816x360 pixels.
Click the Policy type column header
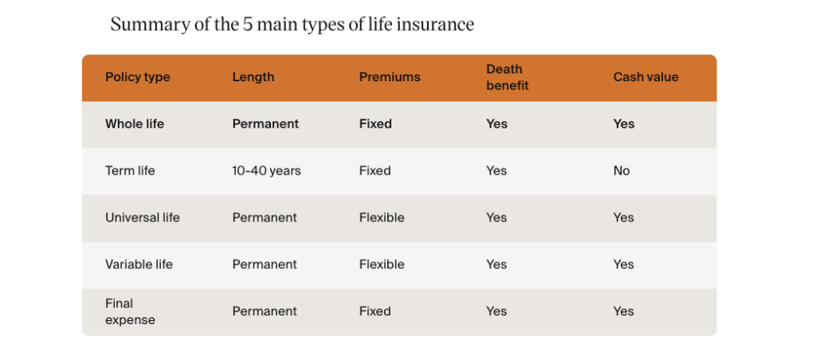pos(137,77)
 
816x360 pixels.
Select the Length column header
pos(253,77)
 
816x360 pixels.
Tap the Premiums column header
pos(389,77)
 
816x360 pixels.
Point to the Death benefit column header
pos(507,77)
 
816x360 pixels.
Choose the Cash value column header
pos(645,77)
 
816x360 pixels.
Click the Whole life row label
pos(134,123)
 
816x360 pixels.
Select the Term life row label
pos(130,170)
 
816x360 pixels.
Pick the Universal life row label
pos(142,217)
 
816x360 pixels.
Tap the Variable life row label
pos(139,264)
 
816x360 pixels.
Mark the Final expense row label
pos(130,311)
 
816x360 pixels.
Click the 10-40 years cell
pos(266,170)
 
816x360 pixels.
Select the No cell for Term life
pos(622,170)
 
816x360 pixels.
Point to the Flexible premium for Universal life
pos(382,217)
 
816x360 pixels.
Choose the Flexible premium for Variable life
pos(382,264)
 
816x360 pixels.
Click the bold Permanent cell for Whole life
pos(265,123)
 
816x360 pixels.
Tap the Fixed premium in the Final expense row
pos(375,311)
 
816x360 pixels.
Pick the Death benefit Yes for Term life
pos(496,170)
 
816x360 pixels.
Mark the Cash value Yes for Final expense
pos(623,311)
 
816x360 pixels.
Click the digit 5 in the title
pos(247,25)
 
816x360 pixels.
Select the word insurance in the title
pos(435,25)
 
